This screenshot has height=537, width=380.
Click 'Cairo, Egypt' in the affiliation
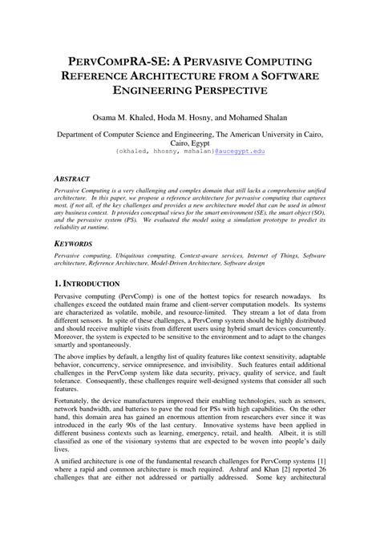coord(190,141)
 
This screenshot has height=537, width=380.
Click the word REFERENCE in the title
coord(111,76)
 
